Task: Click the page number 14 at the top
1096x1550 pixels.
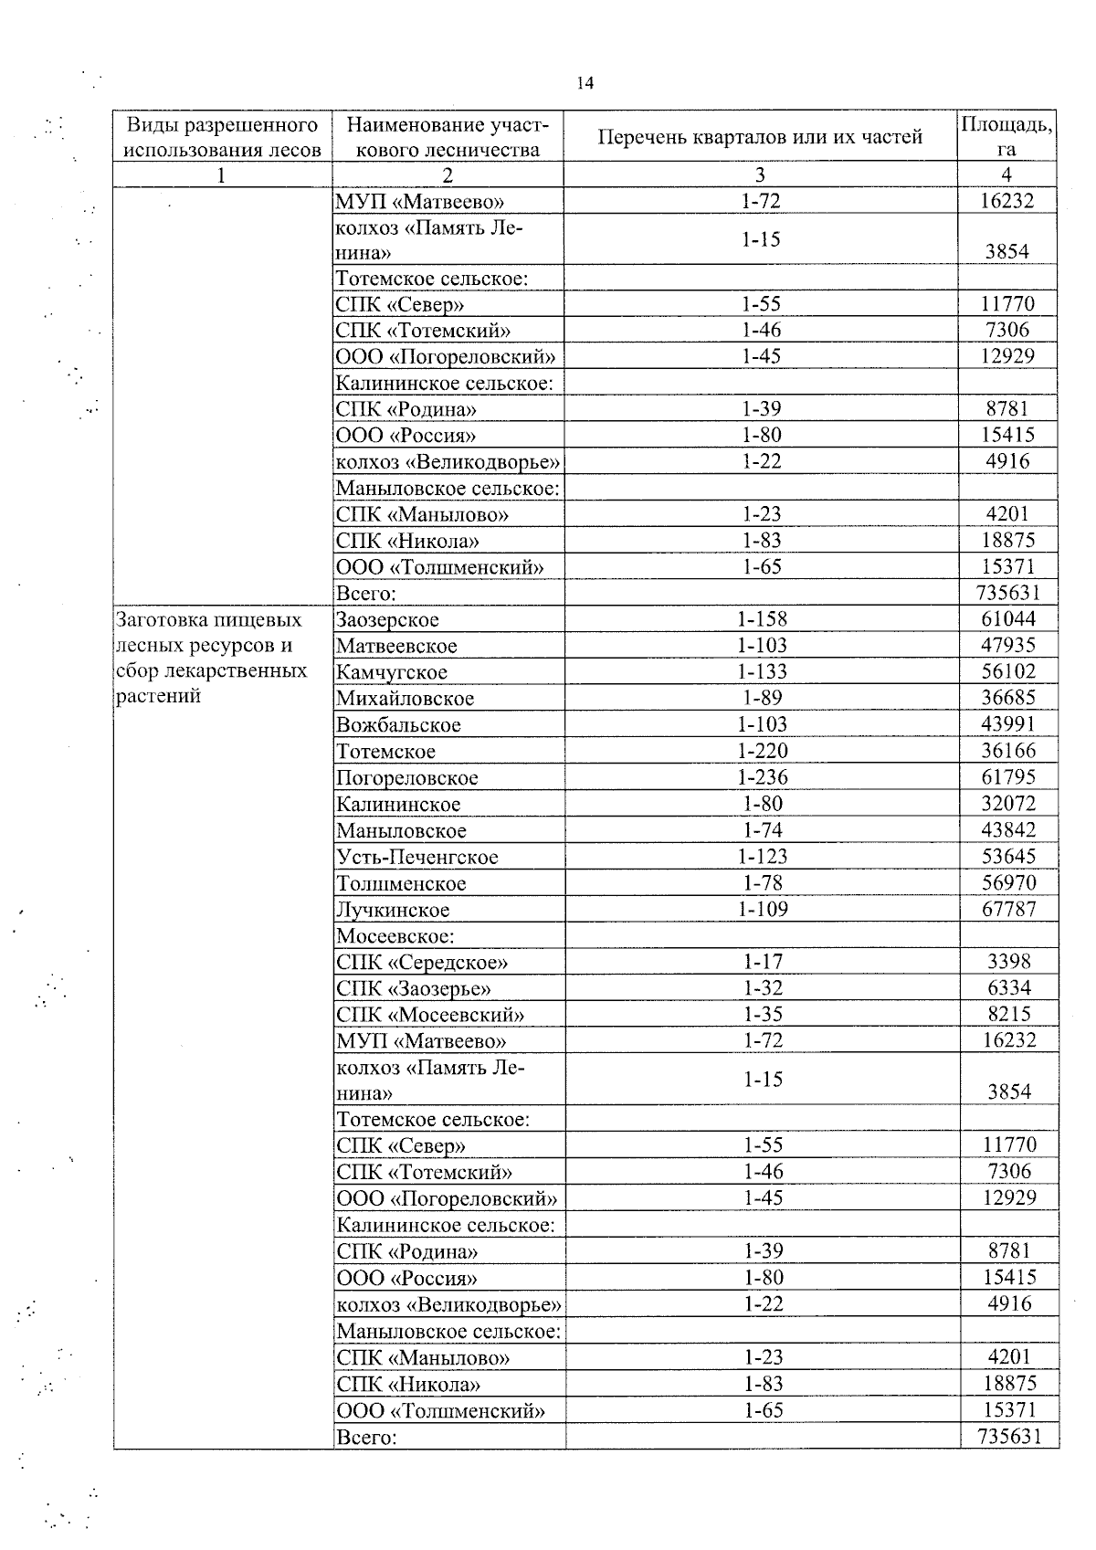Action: [x=585, y=84]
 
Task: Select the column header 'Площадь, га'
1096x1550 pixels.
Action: [x=1006, y=137]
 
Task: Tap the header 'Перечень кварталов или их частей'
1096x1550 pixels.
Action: [x=760, y=137]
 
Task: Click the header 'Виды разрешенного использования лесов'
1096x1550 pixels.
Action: [x=222, y=137]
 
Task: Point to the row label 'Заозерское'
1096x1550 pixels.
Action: [x=387, y=620]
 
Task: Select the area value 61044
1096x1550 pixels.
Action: [x=1007, y=619]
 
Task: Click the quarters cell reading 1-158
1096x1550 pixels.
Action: [x=762, y=619]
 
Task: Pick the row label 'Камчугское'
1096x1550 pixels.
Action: [x=392, y=673]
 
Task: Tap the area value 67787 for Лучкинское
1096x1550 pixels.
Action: [x=1007, y=909]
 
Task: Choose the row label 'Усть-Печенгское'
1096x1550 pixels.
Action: [x=417, y=858]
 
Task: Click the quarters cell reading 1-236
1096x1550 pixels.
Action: [x=762, y=777]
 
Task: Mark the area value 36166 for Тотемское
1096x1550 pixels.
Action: [x=1007, y=751]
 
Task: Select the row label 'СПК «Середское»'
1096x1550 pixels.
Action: [x=422, y=963]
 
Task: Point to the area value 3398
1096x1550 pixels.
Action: [x=1008, y=962]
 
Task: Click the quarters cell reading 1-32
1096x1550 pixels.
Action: [x=762, y=988]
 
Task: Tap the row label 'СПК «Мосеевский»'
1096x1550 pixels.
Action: [x=430, y=1015]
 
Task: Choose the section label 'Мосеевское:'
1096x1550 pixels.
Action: [x=395, y=936]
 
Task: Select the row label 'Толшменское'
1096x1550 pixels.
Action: [x=401, y=884]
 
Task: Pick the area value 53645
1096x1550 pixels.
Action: [x=1007, y=857]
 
